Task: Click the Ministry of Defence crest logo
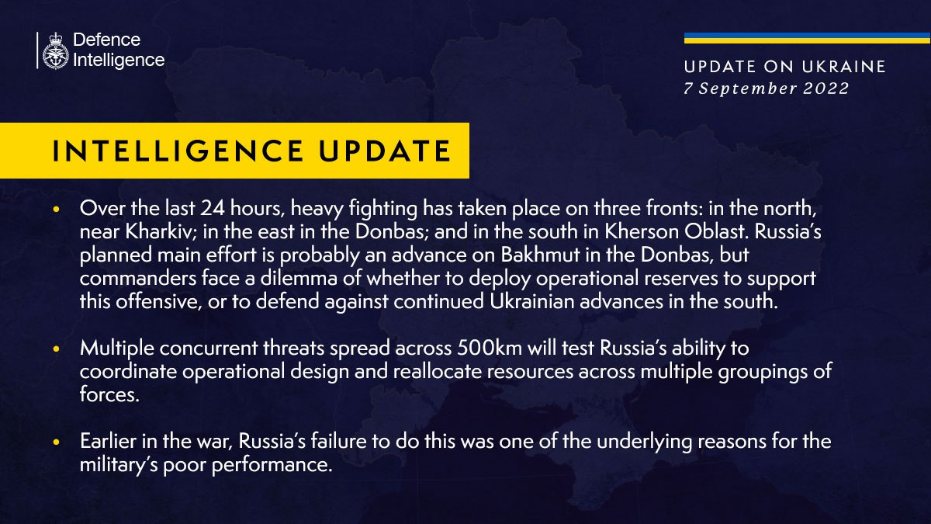[55, 50]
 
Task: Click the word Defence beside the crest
[107, 40]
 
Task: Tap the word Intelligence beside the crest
[119, 61]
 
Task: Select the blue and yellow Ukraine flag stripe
[807, 38]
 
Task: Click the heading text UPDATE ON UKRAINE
[784, 67]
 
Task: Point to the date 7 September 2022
[767, 88]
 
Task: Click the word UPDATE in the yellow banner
[385, 151]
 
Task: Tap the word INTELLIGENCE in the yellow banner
[178, 151]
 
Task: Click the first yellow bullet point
[57, 209]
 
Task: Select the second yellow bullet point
[57, 349]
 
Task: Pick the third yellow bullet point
[57, 442]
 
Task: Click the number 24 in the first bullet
[213, 208]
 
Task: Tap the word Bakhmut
[540, 255]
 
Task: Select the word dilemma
[299, 278]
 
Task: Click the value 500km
[490, 348]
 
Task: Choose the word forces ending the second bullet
[109, 394]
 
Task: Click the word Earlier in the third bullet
[108, 441]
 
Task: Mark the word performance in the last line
[272, 465]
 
